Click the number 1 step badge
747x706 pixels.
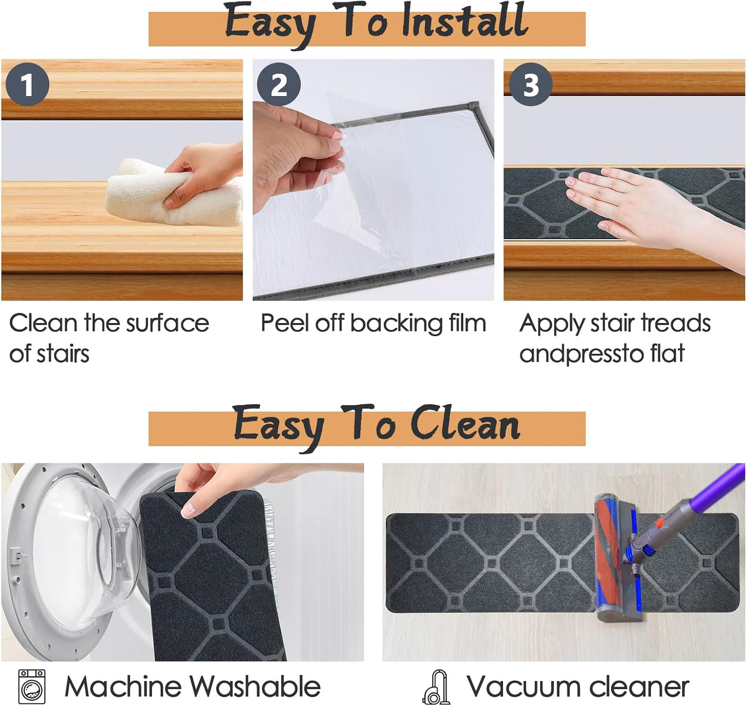pos(27,84)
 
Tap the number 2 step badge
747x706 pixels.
pos(279,84)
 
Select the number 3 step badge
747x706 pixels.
pos(530,84)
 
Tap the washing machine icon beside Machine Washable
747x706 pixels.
pos(32,686)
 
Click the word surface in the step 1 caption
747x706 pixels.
pos(167,324)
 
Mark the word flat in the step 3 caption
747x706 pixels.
pos(667,354)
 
